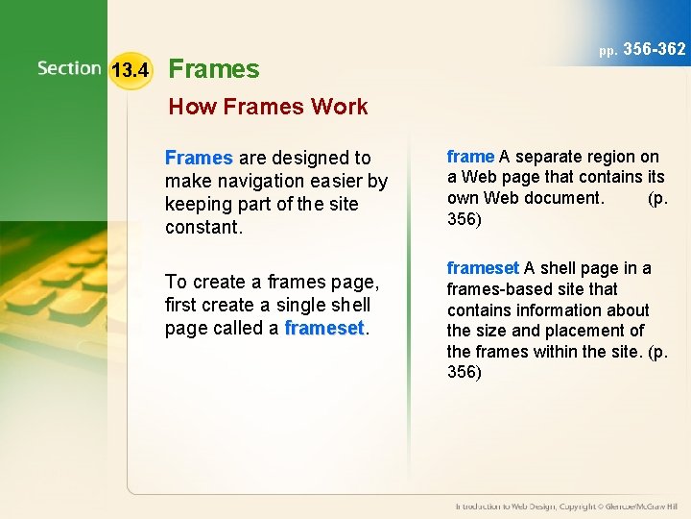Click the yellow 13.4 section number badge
click(x=130, y=70)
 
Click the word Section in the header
click(x=69, y=68)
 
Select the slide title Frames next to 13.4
click(x=213, y=69)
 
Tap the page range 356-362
click(x=655, y=49)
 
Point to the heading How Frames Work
click(x=268, y=107)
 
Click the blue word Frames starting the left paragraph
click(x=199, y=158)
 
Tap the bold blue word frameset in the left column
click(x=324, y=328)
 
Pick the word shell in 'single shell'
click(x=349, y=305)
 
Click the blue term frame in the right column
click(x=470, y=156)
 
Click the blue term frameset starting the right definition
click(x=483, y=268)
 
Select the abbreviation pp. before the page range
click(x=608, y=50)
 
